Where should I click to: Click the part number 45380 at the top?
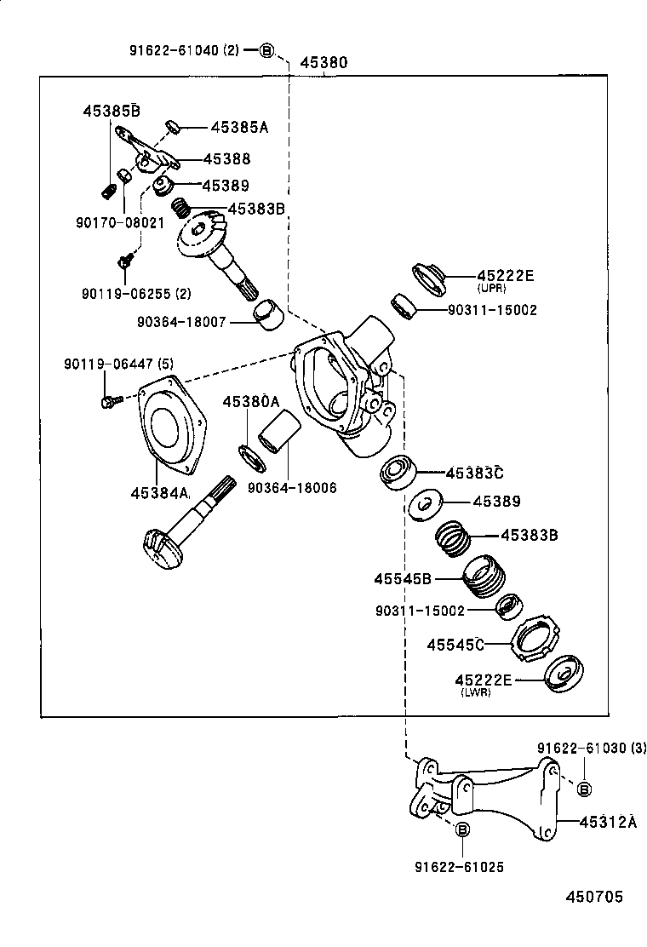coord(324,63)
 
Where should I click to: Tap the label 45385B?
coord(111,111)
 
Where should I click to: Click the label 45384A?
coord(159,492)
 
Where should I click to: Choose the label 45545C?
coord(455,645)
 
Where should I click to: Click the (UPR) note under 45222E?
coord(491,289)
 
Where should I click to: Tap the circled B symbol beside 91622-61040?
coord(266,51)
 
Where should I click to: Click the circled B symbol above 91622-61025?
coord(462,830)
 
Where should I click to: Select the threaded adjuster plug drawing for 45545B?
coord(484,577)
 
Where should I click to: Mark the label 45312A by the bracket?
coord(608,822)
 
